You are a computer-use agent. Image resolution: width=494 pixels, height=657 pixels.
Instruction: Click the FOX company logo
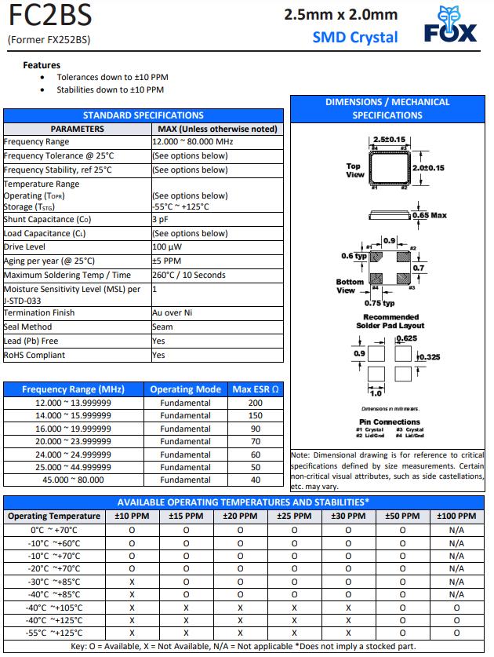[x=451, y=25]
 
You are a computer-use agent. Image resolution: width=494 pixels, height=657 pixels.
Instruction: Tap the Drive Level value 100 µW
[x=168, y=247]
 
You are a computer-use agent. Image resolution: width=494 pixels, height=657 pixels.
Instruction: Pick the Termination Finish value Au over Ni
[x=173, y=313]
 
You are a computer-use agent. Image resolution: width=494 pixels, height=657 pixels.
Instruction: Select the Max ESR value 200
[x=256, y=403]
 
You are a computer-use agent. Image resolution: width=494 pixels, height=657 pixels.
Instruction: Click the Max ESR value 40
[x=256, y=480]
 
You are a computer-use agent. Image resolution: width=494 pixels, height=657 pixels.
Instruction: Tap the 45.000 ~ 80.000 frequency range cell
[x=74, y=480]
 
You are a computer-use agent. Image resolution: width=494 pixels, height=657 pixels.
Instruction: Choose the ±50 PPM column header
[x=402, y=516]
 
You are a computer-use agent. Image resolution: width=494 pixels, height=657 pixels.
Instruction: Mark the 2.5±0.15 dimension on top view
[x=389, y=138]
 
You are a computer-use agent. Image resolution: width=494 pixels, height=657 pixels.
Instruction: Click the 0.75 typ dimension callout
[x=380, y=303]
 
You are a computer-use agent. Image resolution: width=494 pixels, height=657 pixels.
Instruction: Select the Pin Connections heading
[x=390, y=422]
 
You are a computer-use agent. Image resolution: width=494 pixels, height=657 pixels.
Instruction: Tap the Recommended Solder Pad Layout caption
[x=390, y=320]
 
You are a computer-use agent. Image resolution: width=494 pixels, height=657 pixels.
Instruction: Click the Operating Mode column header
[x=186, y=389]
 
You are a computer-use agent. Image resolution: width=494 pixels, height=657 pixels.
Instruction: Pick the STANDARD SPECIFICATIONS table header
[x=143, y=115]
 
